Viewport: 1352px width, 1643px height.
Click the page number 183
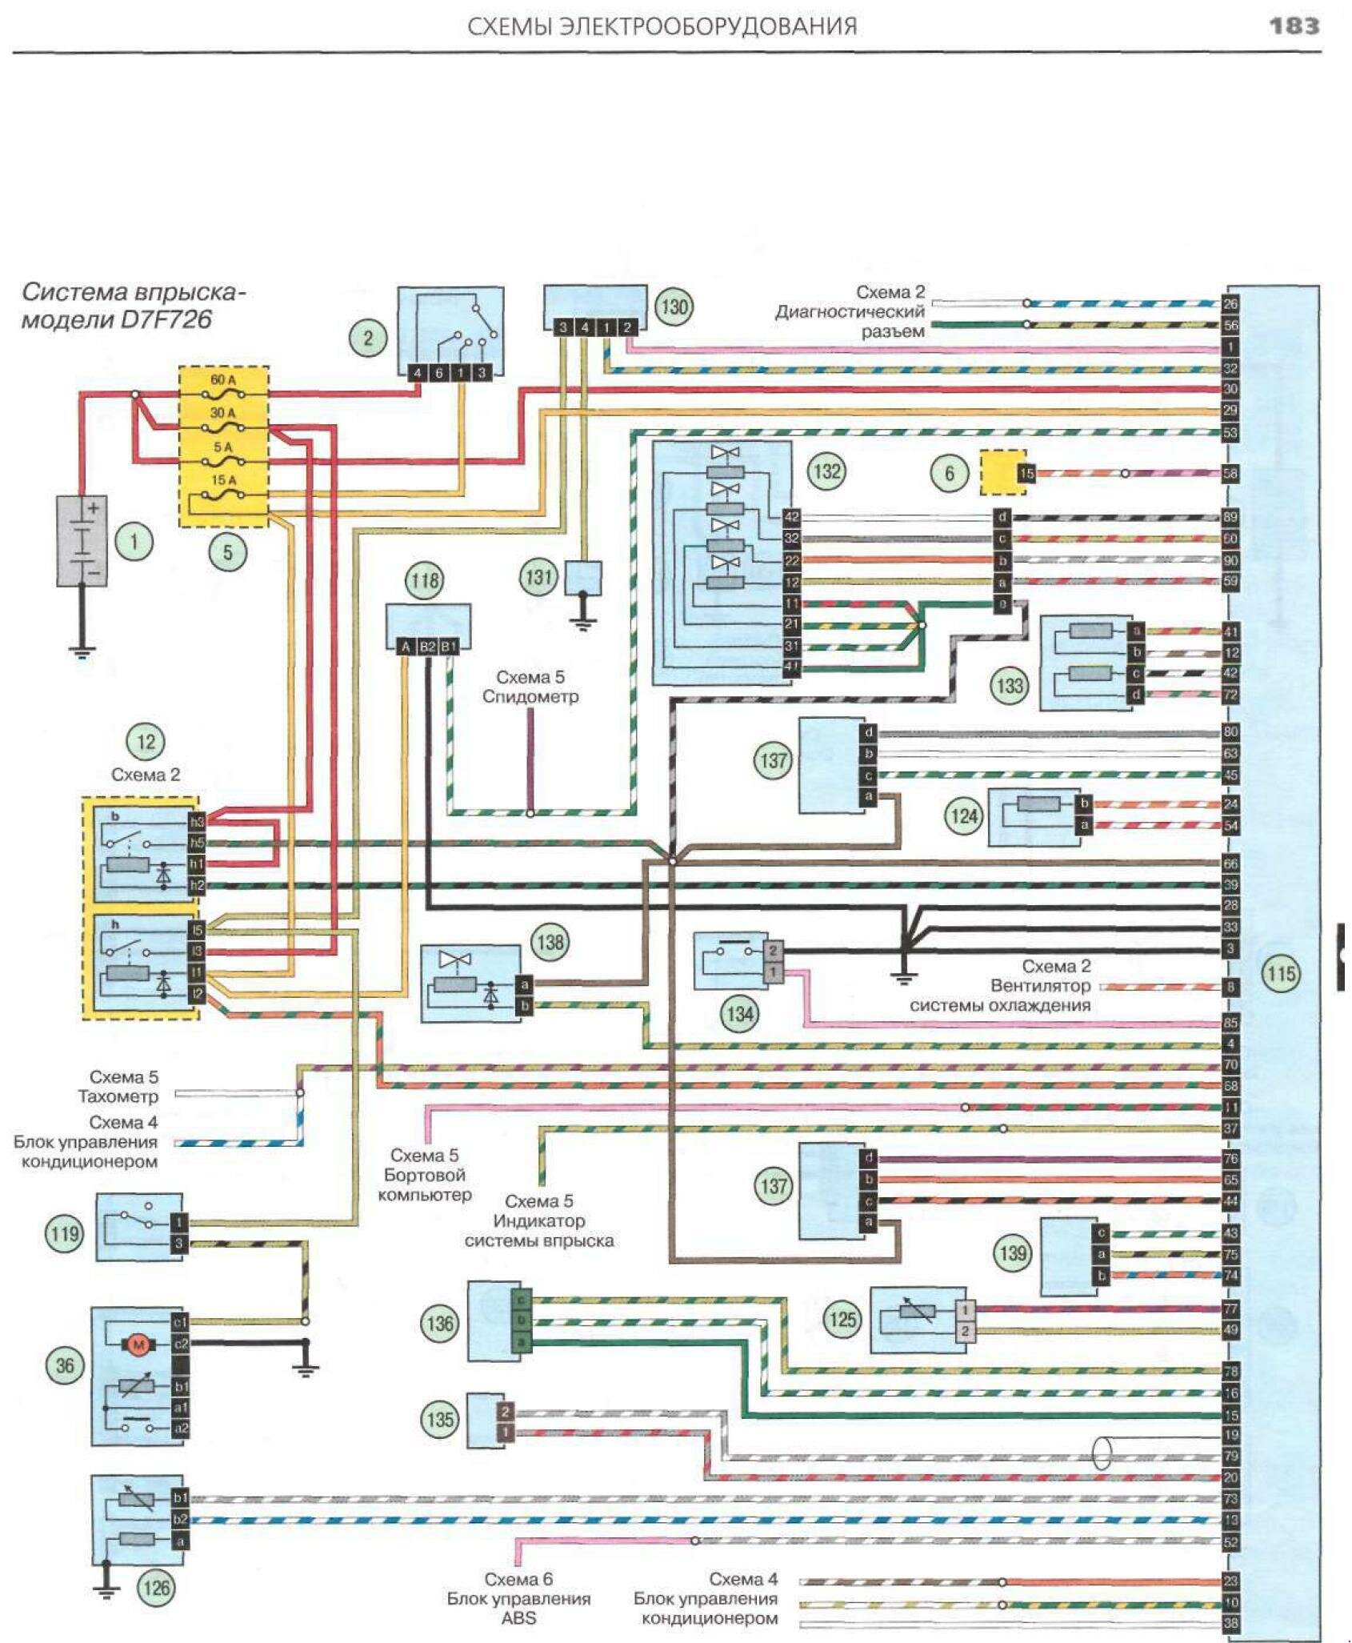coord(1294,26)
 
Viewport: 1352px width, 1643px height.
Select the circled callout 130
coord(674,307)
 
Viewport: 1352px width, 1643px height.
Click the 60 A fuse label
coord(222,379)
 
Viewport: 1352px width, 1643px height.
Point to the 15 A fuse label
coord(223,480)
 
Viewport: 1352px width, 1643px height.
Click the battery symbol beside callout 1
coord(82,541)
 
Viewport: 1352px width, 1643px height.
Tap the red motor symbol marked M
coord(138,1346)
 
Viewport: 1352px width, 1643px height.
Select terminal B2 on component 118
coord(428,647)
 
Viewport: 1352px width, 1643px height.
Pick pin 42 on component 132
coord(791,517)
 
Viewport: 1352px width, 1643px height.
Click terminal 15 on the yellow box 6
coord(1026,474)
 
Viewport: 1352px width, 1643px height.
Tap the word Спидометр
coord(530,697)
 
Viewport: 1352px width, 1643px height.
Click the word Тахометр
coord(118,1096)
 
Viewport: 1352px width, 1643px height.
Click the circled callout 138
coord(550,942)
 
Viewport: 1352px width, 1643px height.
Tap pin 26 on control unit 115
coord(1230,304)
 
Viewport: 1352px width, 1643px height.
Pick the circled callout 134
coord(740,1014)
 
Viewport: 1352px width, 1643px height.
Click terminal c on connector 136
coord(522,1300)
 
